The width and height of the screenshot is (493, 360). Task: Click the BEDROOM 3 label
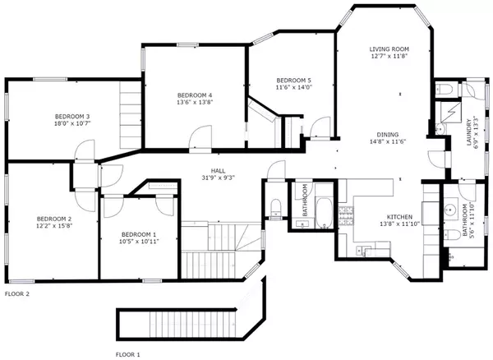click(71, 117)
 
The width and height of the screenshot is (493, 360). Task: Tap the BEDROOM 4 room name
click(194, 95)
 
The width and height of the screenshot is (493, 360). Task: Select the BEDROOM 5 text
click(293, 80)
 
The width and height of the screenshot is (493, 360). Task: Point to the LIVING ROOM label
click(388, 49)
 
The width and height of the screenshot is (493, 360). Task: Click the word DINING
click(388, 134)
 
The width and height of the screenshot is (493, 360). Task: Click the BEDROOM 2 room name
click(54, 218)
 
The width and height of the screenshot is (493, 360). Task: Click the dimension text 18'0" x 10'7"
click(71, 125)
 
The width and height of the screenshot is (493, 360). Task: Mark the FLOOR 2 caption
click(17, 293)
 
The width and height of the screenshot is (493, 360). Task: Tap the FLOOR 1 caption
click(128, 354)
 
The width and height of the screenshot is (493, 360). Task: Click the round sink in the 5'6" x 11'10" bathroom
click(449, 209)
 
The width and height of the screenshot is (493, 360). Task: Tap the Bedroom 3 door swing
click(82, 151)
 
